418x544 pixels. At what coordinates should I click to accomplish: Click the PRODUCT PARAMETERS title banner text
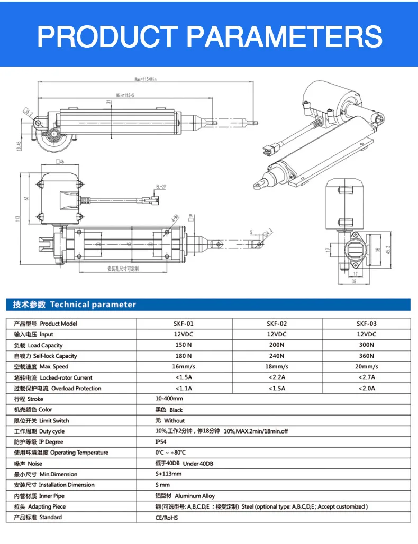[210, 36]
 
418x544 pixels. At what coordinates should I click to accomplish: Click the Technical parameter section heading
[74, 305]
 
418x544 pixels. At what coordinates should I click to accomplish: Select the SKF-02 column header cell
[277, 324]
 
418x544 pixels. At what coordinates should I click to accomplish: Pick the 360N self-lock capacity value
[366, 356]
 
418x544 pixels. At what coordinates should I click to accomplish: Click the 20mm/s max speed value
[366, 367]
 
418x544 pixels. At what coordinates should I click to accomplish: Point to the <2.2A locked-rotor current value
[277, 377]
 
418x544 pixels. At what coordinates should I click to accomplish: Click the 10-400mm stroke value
[169, 399]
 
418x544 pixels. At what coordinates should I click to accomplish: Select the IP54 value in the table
[160, 442]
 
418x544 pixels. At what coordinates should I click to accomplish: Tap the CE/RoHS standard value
[166, 518]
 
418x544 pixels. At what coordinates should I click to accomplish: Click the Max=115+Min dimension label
[146, 79]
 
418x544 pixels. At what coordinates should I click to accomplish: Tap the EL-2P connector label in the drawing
[161, 187]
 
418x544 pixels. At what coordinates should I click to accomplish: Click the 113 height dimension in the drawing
[17, 218]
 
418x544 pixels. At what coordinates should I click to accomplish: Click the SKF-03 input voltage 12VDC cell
[366, 335]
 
